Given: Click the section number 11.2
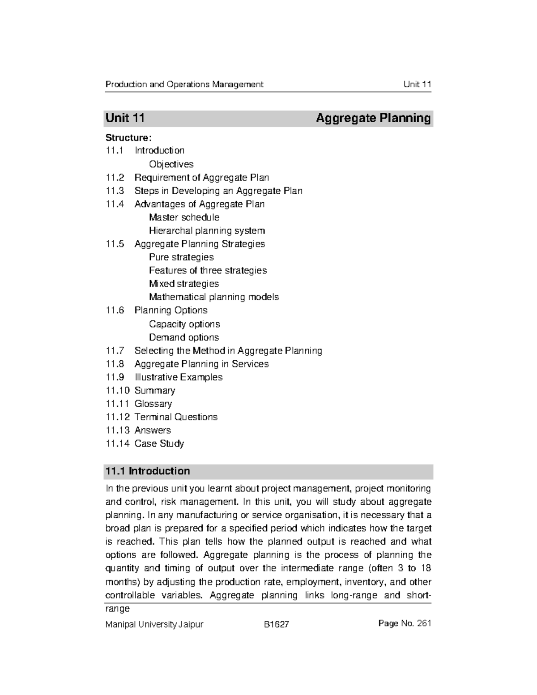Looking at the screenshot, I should tap(114, 178).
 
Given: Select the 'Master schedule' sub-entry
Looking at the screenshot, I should tap(184, 217).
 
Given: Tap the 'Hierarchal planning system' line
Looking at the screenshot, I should tap(207, 231).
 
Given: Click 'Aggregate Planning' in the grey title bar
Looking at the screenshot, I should tap(373, 118).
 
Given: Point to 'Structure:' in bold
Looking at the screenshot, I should tap(125, 137).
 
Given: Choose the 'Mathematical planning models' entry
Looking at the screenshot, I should tap(214, 297).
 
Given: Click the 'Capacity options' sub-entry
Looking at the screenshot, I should tap(184, 324).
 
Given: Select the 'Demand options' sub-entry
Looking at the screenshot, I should tap(184, 337).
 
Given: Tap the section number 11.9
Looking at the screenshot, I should tap(114, 377).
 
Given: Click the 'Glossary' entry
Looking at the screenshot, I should tap(153, 404).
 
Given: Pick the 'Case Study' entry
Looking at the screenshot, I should tap(159, 443).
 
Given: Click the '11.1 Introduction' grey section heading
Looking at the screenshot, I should tap(147, 471).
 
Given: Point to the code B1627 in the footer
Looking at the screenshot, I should tap(276, 624).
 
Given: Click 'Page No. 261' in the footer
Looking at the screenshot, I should tap(405, 623).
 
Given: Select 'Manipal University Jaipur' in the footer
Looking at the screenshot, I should tap(154, 624).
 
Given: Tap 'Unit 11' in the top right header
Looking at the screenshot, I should tap(417, 84).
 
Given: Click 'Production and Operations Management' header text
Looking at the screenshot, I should tap(184, 84).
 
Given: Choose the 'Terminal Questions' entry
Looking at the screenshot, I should tap(176, 417).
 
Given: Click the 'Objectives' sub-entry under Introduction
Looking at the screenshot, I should tap(171, 164).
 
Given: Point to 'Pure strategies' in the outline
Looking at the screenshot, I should tap(181, 257).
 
